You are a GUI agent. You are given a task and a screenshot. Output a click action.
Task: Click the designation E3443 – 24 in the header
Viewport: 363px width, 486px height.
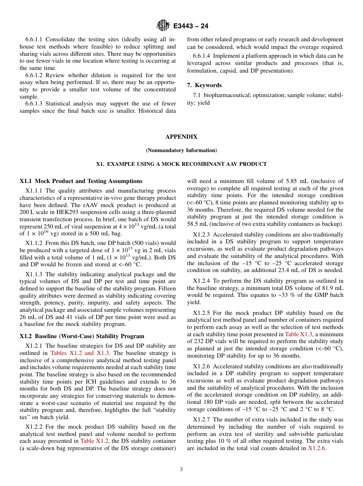click(191, 26)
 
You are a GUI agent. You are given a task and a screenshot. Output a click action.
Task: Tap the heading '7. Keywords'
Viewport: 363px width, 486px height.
click(204, 85)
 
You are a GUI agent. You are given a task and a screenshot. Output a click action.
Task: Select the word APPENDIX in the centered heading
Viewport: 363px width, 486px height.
click(181, 136)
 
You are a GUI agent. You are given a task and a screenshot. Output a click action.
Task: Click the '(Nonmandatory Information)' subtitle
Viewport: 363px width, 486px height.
click(181, 150)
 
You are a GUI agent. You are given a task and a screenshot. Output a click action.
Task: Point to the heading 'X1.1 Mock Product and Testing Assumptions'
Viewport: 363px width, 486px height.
click(81, 181)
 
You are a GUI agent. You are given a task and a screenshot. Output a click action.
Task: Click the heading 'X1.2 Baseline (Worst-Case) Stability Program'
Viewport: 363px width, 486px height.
click(82, 336)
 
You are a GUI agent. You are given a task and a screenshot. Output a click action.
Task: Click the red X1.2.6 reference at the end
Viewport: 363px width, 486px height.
click(317, 448)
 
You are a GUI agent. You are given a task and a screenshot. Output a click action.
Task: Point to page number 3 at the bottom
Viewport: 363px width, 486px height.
click(181, 470)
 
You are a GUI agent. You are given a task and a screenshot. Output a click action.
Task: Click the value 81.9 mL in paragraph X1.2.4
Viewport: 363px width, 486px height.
click(332, 288)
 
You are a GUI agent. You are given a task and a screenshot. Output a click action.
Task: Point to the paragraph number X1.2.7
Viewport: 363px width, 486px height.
click(204, 420)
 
